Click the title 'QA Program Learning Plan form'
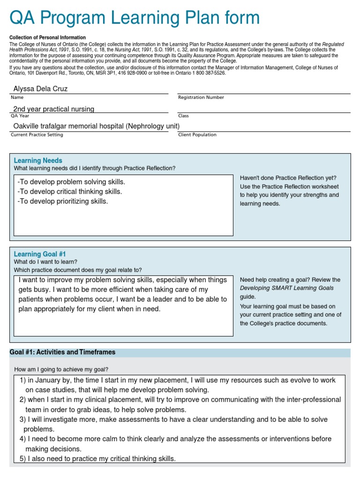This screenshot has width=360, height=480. click(x=135, y=18)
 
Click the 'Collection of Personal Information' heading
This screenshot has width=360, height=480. click(x=47, y=37)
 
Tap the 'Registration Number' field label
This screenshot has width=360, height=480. click(x=201, y=97)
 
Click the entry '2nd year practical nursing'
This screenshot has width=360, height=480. click(x=53, y=109)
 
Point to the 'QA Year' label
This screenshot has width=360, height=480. click(x=20, y=116)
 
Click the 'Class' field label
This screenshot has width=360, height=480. click(x=183, y=116)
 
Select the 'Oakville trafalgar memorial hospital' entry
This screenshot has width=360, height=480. click(x=96, y=126)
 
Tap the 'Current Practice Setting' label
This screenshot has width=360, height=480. click(x=37, y=135)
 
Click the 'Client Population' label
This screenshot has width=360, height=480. click(x=197, y=135)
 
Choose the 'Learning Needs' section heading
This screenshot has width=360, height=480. click(x=38, y=160)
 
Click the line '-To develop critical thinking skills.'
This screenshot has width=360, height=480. click(x=69, y=191)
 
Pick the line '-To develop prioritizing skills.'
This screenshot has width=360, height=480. click(x=62, y=201)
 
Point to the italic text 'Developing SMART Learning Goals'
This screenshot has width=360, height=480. click(x=287, y=288)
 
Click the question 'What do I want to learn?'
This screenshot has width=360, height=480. click(x=45, y=262)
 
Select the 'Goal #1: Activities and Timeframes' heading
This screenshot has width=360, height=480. click(x=62, y=352)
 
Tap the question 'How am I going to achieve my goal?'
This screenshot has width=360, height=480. click(x=61, y=369)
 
